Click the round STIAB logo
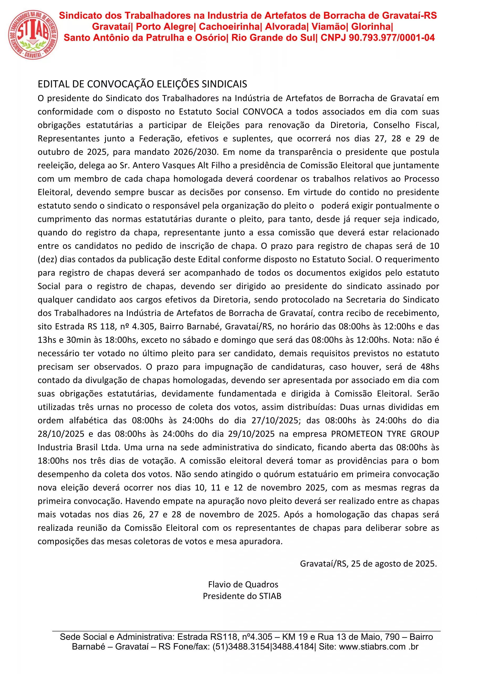coord(33,35)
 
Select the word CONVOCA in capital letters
coord(263,112)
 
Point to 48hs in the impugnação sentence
coord(429,367)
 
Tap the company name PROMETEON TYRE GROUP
coord(385,434)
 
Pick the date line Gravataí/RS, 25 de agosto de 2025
coord(368,564)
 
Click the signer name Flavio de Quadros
coord(243,584)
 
